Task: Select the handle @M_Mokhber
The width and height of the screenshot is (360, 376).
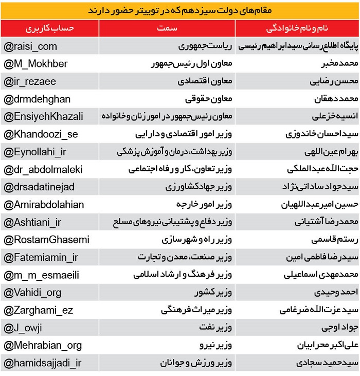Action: [x=35, y=64]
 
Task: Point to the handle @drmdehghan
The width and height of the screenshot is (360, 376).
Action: [x=37, y=99]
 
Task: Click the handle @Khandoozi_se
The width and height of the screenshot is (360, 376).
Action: [x=41, y=134]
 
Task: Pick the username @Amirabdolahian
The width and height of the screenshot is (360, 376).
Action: [x=44, y=204]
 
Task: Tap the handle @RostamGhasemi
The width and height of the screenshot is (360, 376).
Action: [x=46, y=239]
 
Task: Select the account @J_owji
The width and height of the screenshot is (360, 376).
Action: [x=23, y=327]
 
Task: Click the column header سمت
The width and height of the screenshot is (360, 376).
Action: [x=167, y=28]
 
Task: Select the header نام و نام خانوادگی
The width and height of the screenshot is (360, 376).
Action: [x=298, y=28]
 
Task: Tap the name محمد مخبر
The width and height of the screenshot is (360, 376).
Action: [x=334, y=64]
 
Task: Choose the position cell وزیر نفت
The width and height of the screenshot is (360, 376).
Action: [x=215, y=327]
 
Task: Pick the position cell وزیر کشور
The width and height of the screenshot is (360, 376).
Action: [x=212, y=292]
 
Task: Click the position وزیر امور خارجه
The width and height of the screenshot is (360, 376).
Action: [x=204, y=204]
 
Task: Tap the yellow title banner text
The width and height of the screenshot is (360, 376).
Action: [x=180, y=10]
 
